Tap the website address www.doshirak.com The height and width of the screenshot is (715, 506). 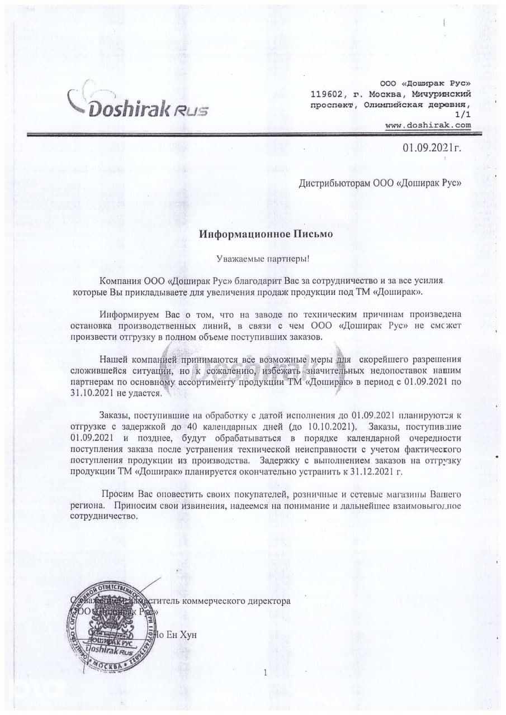(428, 125)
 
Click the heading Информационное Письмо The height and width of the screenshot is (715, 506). (266, 234)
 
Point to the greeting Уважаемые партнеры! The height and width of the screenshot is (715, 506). (262, 259)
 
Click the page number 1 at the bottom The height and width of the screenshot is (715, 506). (265, 673)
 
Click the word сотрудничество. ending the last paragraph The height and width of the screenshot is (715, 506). (103, 516)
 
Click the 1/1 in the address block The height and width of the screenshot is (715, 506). (464, 115)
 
